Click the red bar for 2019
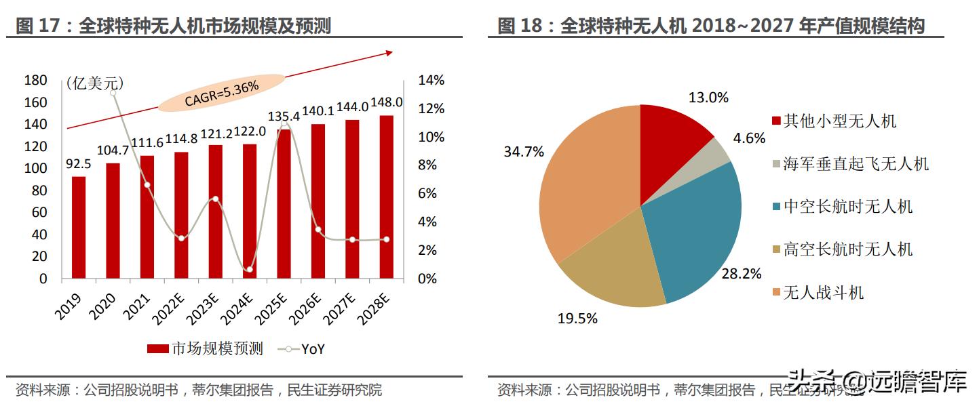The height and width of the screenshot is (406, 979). click(79, 227)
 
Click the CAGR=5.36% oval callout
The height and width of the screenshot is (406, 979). click(221, 93)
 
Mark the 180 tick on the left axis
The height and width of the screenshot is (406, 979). click(35, 81)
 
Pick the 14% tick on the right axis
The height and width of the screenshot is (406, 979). click(431, 81)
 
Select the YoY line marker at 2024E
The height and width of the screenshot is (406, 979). click(249, 270)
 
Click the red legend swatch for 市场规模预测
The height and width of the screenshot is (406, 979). click(157, 349)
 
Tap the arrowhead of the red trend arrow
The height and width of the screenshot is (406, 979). click(389, 52)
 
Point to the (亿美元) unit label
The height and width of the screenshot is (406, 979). click(95, 83)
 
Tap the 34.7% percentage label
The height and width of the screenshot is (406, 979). click(523, 152)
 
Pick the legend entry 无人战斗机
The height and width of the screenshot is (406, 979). click(824, 293)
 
